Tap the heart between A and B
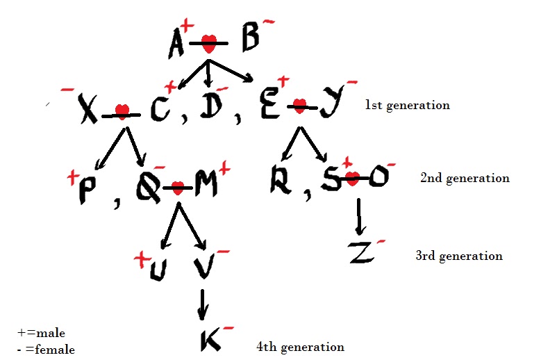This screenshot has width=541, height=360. (208, 44)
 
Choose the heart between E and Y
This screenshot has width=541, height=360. (299, 106)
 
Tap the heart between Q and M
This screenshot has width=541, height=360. (178, 187)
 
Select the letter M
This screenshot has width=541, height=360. (206, 184)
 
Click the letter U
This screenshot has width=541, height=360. (158, 270)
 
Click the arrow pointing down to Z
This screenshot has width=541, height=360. (359, 218)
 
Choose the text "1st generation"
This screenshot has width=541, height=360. (408, 106)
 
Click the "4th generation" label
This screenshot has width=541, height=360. (300, 347)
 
